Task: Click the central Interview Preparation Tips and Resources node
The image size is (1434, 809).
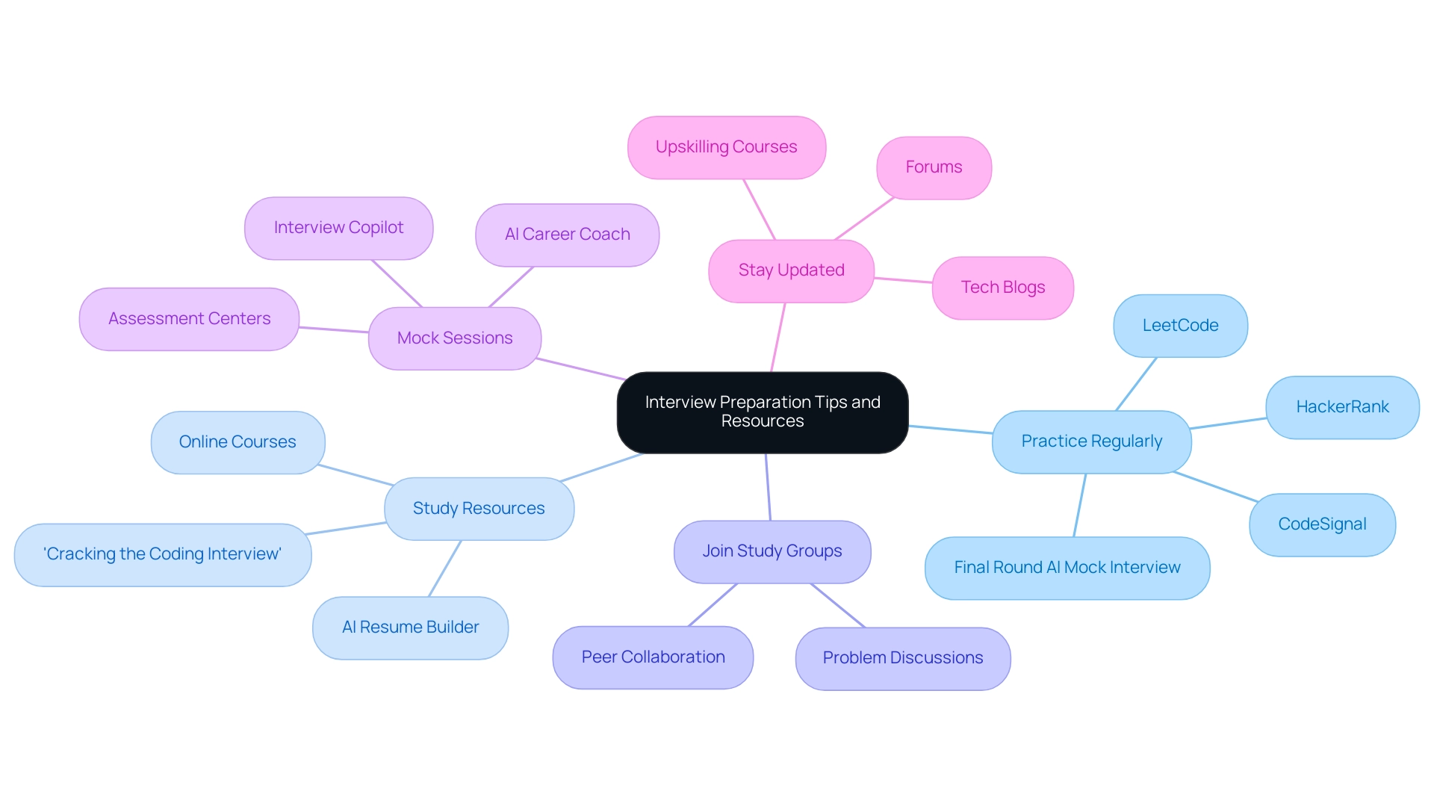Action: pos(762,412)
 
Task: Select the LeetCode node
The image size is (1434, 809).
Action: pos(1180,326)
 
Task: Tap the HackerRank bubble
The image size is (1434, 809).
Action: pos(1342,407)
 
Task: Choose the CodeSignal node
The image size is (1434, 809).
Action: pos(1322,524)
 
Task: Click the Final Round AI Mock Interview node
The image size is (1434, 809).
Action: pos(1067,568)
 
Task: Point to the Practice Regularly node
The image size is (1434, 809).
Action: pos(1091,441)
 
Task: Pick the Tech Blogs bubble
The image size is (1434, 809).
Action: pos(1002,288)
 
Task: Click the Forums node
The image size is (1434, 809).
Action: pos(934,167)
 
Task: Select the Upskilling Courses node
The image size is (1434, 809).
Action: pos(726,147)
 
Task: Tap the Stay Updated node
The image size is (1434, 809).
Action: pos(791,270)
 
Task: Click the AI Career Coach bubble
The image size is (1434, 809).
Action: pos(567,235)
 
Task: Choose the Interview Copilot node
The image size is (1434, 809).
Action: pos(338,228)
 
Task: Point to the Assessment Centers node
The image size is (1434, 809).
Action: pos(189,319)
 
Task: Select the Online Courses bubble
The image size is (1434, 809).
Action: pos(238,442)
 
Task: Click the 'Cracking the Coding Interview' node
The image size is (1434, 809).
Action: pos(162,554)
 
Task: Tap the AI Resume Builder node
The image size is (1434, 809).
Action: pos(410,627)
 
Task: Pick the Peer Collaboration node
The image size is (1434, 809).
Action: pos(653,657)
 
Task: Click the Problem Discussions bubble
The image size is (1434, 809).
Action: pos(902,658)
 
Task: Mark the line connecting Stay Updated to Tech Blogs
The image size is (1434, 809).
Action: pos(903,280)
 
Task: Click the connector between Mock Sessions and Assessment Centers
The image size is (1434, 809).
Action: pos(334,329)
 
